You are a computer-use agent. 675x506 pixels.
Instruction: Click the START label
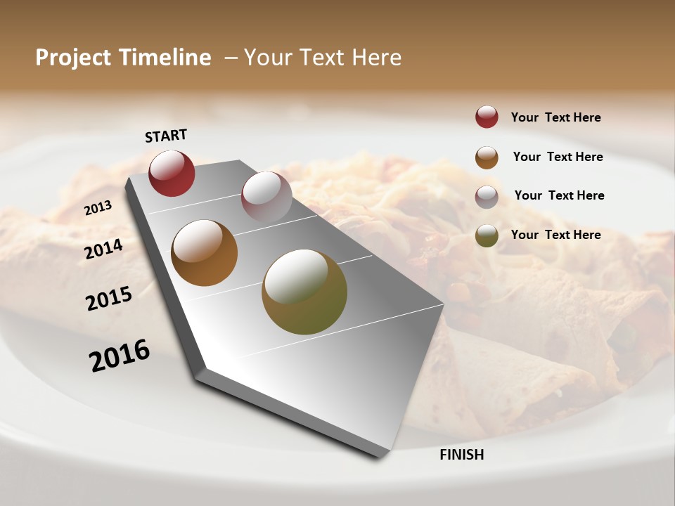[x=166, y=136]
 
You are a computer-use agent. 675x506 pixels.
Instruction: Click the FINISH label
[x=461, y=455]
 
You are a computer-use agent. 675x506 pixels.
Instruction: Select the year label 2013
[x=98, y=208]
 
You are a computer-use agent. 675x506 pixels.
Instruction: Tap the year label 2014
[x=103, y=249]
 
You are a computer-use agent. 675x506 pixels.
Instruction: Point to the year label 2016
[x=120, y=356]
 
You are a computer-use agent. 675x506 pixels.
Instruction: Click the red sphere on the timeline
[x=172, y=173]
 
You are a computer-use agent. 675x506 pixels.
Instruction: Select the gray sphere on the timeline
[x=266, y=197]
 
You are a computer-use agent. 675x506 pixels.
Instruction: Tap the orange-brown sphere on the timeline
[x=204, y=253]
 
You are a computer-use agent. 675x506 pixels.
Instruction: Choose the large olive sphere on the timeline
[x=304, y=292]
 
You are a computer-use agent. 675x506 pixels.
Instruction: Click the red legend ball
[x=487, y=117]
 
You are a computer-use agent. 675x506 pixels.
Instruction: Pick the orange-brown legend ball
[x=487, y=157]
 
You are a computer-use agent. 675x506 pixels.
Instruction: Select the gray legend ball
[x=487, y=197]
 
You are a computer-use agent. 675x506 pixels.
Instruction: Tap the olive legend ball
[x=487, y=236]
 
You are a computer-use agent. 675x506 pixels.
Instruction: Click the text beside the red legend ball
[x=555, y=117]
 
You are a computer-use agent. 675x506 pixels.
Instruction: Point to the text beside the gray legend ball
[x=559, y=195]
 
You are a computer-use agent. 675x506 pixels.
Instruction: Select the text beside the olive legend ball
[x=555, y=235]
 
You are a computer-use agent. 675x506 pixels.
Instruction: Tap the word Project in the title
[x=73, y=58]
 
